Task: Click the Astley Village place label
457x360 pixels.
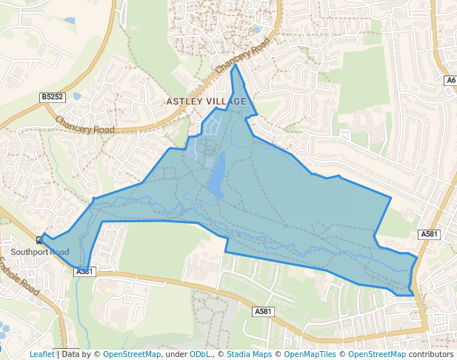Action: (206, 101)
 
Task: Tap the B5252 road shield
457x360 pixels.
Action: (53, 97)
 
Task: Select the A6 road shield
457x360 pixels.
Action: (450, 80)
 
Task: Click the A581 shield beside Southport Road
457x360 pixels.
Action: (85, 272)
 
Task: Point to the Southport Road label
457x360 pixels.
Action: (39, 253)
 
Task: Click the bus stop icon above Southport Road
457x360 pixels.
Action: (39, 240)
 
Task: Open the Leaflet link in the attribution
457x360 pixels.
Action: (41, 354)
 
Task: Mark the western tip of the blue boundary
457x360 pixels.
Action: (41, 238)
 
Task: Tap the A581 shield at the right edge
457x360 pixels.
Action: (429, 234)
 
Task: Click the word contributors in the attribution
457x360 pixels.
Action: (430, 354)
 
